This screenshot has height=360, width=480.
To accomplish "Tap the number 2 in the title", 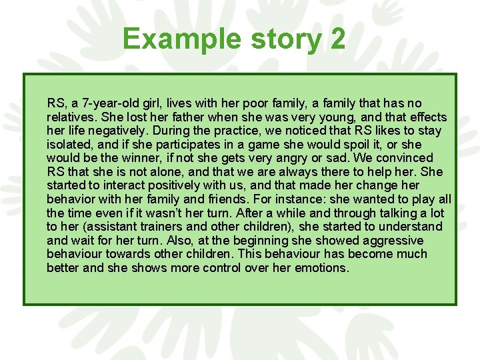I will click(x=337, y=39).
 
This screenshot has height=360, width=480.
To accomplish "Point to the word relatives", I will click(x=70, y=117).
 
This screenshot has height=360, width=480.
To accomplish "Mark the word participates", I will click(x=187, y=144).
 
